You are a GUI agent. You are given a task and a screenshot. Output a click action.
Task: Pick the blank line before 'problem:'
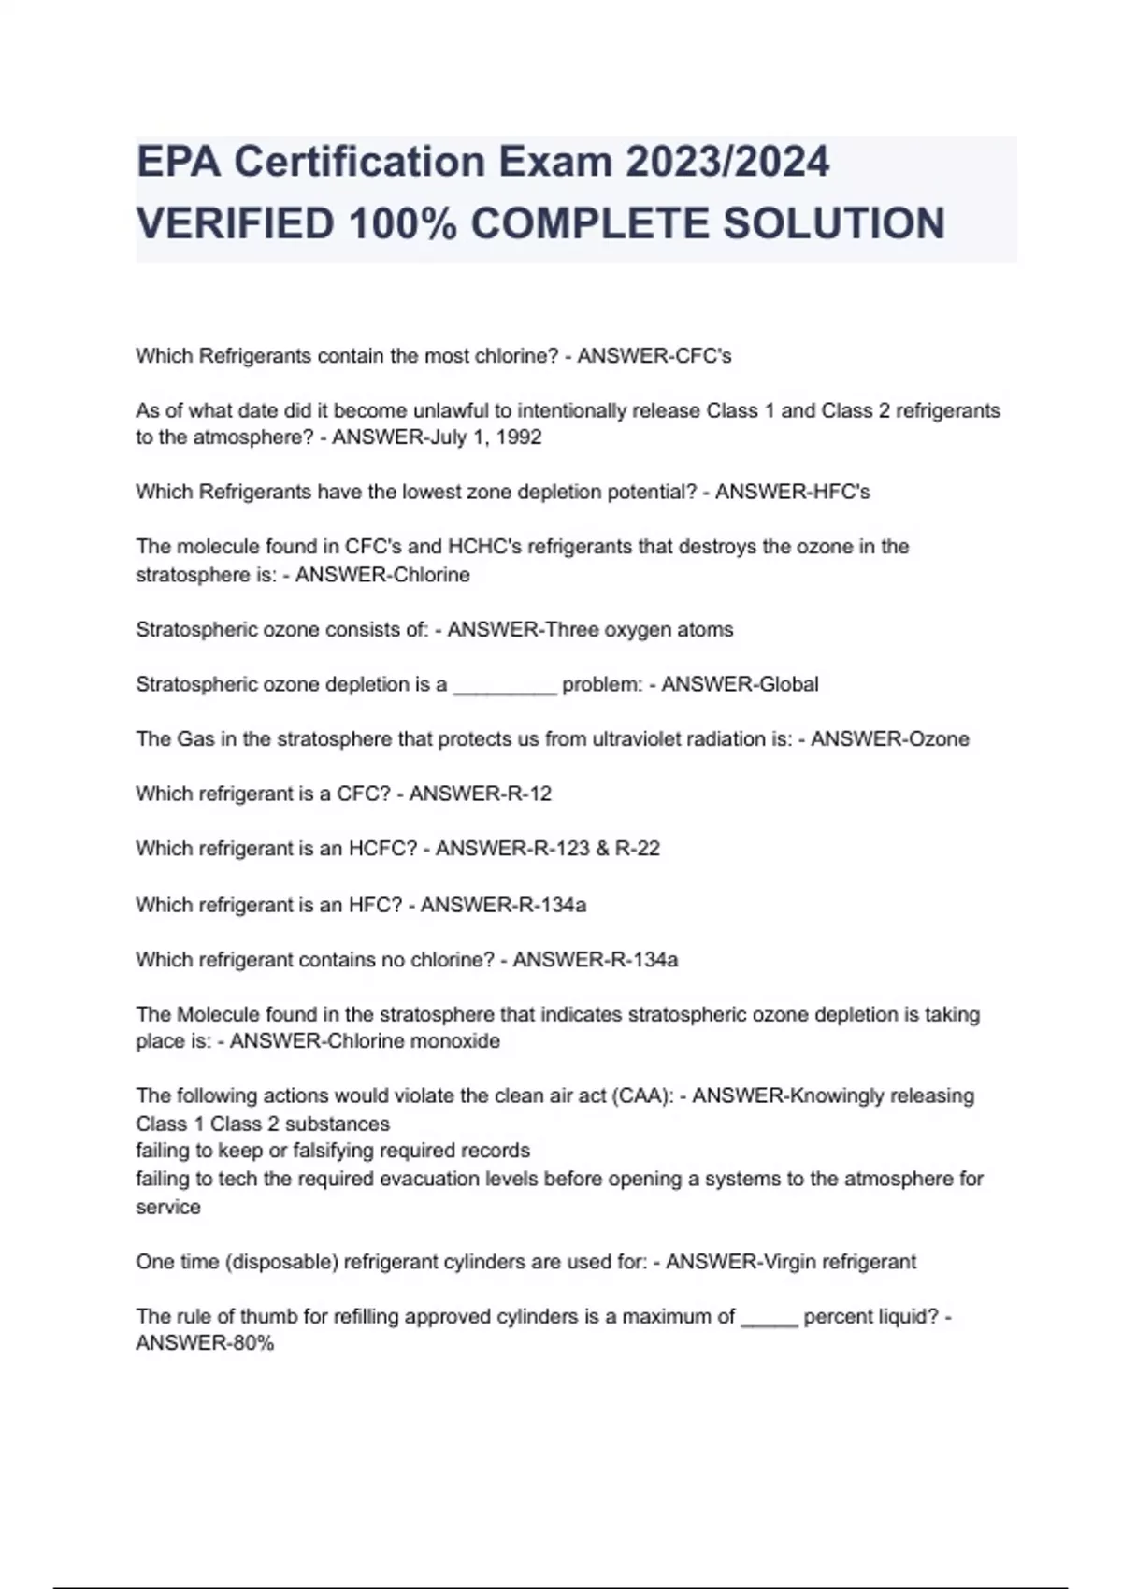505,685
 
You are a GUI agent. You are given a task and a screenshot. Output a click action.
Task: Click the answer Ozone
940,739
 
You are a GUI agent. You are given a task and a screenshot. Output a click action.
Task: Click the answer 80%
252,1344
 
